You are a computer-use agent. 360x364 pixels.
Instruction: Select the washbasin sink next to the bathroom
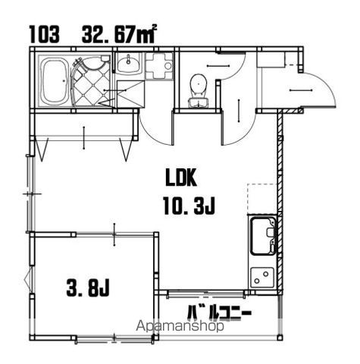(x=128, y=64)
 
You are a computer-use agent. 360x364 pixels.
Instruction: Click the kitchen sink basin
(x=263, y=236)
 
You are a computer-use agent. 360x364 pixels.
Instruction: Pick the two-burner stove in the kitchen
(x=262, y=278)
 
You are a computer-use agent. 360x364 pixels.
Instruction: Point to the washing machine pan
(x=159, y=66)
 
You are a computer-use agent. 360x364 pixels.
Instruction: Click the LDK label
(x=181, y=177)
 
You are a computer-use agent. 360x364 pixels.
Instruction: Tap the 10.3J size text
(x=189, y=206)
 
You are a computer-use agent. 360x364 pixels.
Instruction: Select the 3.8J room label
(x=88, y=288)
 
